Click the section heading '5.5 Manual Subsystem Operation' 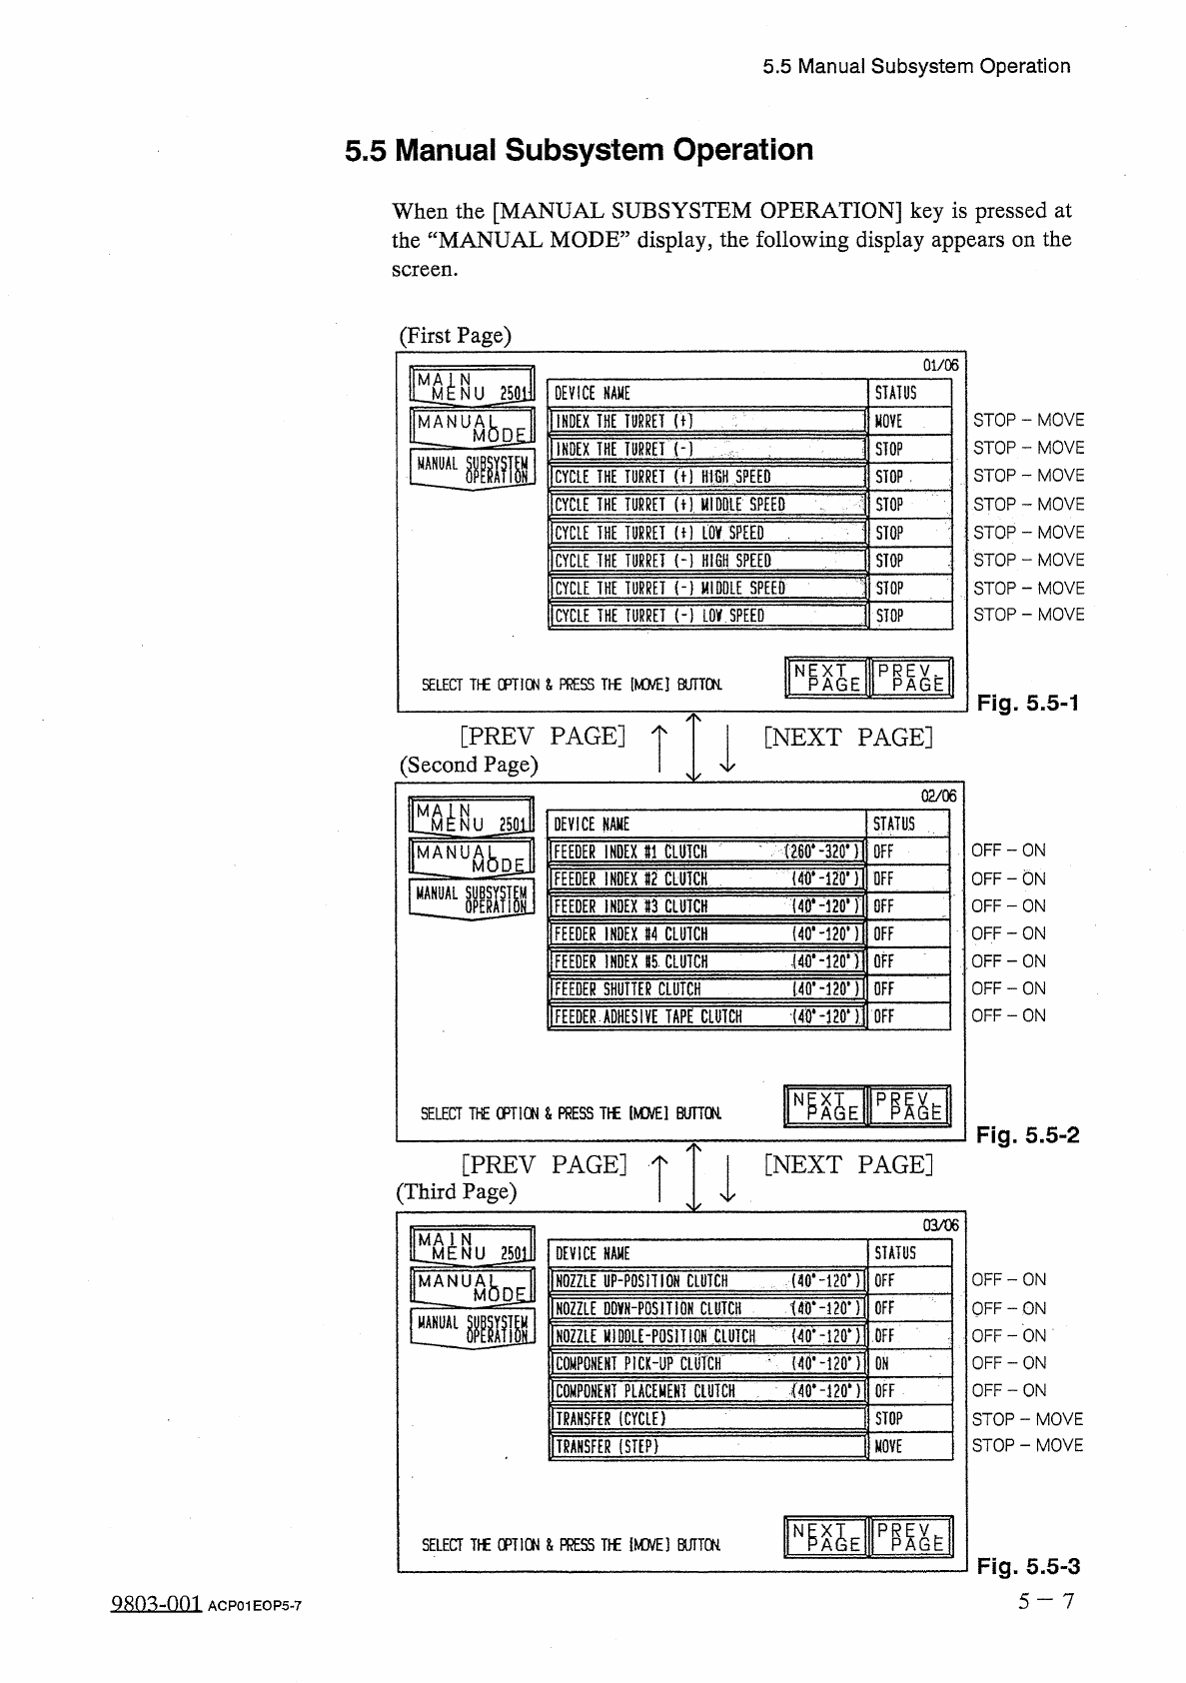coord(579,151)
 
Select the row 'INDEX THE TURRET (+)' coord(707,421)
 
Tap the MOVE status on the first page coord(888,422)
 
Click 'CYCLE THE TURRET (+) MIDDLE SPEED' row coord(707,505)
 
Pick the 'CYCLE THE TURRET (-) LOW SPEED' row coord(707,616)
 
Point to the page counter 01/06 coord(941,366)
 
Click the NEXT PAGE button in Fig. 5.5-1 coord(827,677)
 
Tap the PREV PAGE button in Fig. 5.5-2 coord(910,1105)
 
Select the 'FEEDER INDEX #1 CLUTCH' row coord(707,852)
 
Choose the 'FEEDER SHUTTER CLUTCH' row coord(707,989)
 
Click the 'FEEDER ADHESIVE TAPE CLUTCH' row coord(707,1017)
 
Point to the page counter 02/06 coord(939,797)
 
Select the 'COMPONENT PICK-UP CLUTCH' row coord(707,1363)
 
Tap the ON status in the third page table coord(882,1363)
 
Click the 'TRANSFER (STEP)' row coord(707,1446)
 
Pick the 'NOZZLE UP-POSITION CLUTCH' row coord(707,1281)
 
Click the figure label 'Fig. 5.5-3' coord(1028,1566)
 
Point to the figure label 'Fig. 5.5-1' coord(1028,704)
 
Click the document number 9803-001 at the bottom coord(154,1602)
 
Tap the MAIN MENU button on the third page coord(473,1244)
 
